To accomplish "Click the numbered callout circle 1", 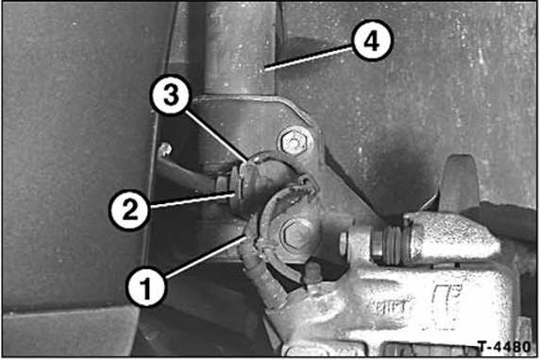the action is (147, 287).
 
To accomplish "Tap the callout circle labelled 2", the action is (129, 210).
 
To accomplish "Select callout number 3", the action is (171, 94).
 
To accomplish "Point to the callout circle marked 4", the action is (372, 41).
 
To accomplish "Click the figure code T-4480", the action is (504, 347).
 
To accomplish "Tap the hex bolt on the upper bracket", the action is (294, 142).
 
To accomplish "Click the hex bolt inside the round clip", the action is (292, 235).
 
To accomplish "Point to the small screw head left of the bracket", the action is (165, 149).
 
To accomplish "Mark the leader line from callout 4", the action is (309, 60).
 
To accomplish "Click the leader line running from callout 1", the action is (206, 257).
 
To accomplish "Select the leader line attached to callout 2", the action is (194, 201).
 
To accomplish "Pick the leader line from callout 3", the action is (217, 136).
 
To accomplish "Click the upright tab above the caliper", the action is (459, 183).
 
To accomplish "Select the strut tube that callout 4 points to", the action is (238, 48).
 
